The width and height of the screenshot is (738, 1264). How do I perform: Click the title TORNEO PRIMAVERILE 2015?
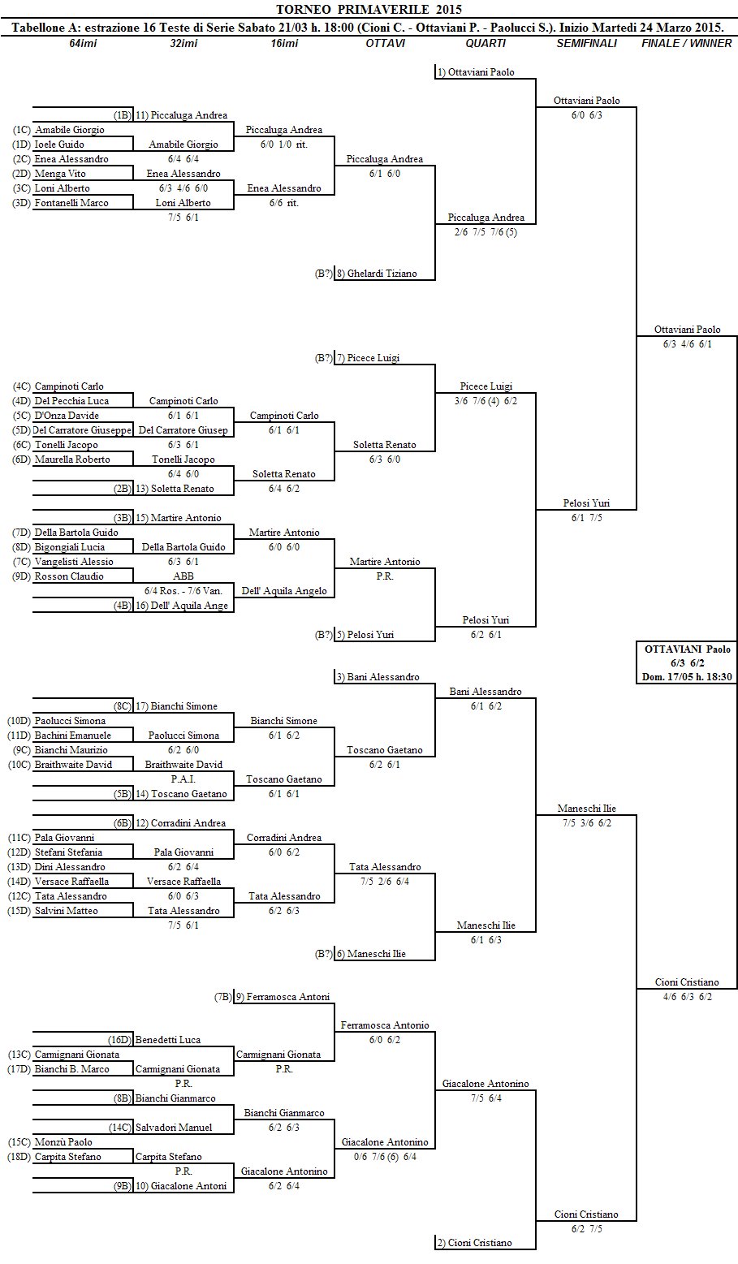[x=369, y=10]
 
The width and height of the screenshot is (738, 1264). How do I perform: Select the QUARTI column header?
[x=486, y=43]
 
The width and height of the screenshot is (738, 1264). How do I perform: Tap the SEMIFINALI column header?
[x=586, y=43]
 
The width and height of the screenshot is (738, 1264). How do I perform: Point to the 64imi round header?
[x=83, y=43]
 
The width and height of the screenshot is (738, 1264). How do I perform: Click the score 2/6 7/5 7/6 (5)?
[x=486, y=231]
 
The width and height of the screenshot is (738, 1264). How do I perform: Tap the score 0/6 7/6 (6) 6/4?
[x=386, y=1157]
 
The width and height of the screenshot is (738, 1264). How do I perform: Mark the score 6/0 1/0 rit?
[x=283, y=144]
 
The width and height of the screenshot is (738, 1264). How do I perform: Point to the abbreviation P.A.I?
[x=183, y=779]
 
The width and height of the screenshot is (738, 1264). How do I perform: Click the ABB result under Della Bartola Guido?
[x=183, y=576]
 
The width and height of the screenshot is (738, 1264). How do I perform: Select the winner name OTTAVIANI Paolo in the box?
[x=687, y=649]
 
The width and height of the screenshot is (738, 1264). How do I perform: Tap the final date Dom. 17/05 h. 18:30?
[x=687, y=676]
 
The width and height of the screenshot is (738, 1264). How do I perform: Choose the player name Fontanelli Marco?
[x=71, y=203]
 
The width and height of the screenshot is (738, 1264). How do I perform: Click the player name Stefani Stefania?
[x=68, y=852]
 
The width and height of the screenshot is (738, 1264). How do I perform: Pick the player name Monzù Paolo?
[x=63, y=1142]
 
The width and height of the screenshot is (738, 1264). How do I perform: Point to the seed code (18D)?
[x=19, y=1157]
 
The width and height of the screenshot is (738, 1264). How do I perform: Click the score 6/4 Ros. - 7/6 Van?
[x=183, y=590]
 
